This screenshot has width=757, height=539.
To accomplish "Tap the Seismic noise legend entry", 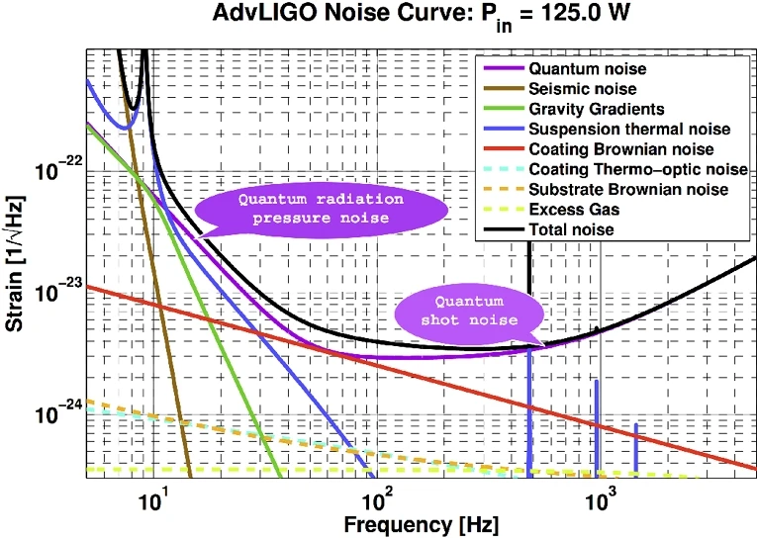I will point(589,89).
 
